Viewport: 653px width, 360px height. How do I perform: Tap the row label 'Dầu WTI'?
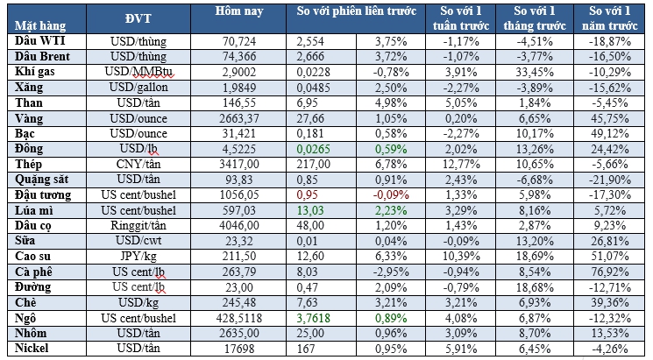click(38, 41)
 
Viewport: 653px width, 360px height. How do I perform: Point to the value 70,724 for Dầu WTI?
click(248, 41)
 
